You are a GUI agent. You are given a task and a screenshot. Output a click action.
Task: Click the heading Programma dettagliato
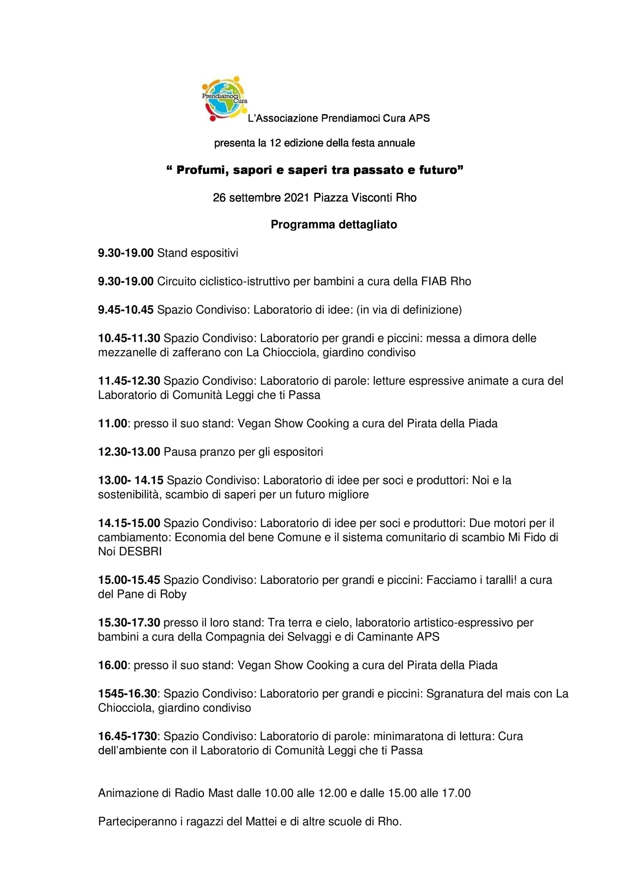(x=334, y=225)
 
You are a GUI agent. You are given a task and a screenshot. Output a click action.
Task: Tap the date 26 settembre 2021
(x=261, y=198)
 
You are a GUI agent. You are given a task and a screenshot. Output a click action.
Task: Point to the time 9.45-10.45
(x=126, y=310)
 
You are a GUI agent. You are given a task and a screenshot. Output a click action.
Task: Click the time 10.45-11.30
(x=129, y=338)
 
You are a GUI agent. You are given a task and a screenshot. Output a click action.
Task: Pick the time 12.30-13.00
(x=129, y=452)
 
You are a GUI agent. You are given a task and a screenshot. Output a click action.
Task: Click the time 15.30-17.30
(x=129, y=623)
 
